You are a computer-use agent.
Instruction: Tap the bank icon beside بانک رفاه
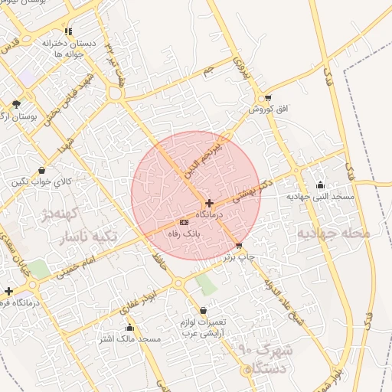point(183,222)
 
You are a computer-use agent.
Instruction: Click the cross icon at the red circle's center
point(209,203)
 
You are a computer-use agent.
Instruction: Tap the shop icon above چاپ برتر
point(239,246)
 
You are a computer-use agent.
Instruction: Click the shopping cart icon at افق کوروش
point(267,97)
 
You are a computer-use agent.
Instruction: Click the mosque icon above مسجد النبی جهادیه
point(320,185)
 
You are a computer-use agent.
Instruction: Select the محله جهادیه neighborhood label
point(333,232)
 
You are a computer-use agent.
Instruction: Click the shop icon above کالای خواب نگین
point(41,170)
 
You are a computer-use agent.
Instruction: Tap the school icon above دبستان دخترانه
point(68,31)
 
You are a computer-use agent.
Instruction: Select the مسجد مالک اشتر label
point(129,338)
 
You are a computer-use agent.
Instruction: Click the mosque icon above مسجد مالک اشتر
point(129,327)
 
